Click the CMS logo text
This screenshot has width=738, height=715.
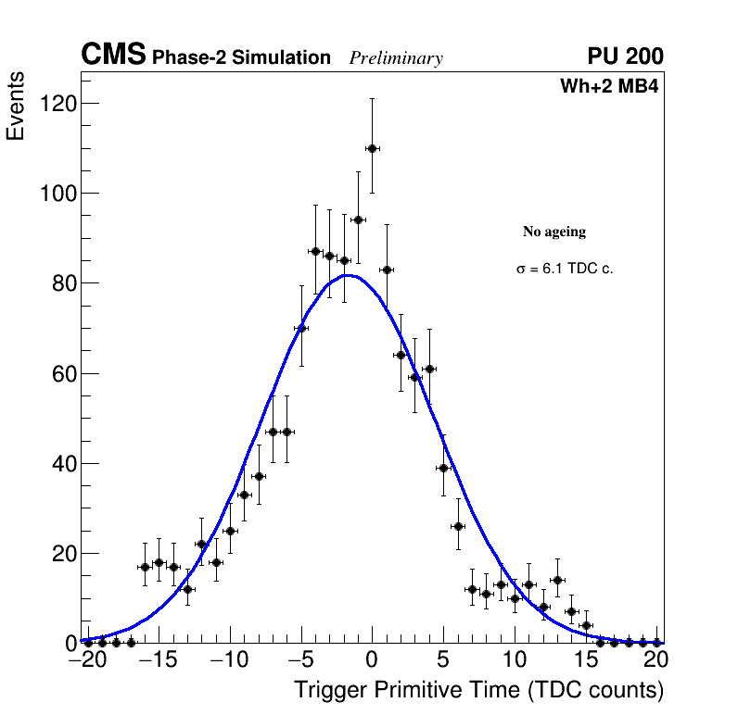[113, 56]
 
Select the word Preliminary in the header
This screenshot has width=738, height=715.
[396, 58]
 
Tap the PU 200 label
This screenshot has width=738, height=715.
[625, 56]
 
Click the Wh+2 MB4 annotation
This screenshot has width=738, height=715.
[609, 87]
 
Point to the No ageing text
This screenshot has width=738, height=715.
[554, 232]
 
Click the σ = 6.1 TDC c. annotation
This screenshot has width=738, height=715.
[565, 270]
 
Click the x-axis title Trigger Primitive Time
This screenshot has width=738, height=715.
[478, 691]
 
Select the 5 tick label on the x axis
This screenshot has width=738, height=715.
[443, 660]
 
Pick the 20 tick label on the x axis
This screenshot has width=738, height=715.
[656, 660]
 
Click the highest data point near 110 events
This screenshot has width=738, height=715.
[372, 148]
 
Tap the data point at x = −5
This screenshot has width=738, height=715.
[301, 328]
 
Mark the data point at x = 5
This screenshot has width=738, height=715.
[444, 468]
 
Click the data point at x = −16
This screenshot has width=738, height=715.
[145, 567]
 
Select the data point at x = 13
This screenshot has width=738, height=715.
[557, 580]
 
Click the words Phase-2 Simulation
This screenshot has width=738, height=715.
[241, 58]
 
